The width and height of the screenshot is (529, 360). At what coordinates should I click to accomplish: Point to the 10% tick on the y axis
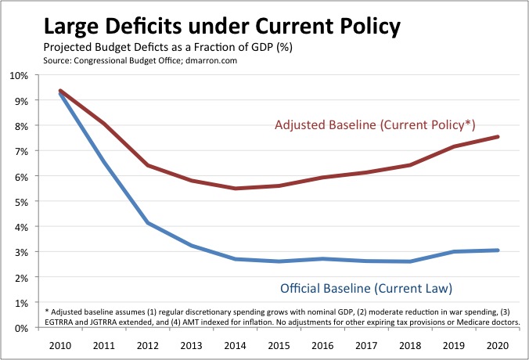(x=18, y=76)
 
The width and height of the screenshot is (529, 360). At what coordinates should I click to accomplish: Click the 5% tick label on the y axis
(x=20, y=202)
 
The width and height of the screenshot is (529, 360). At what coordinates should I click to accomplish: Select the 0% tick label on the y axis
(x=20, y=328)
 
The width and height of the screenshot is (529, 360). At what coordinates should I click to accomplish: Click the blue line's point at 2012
(x=148, y=223)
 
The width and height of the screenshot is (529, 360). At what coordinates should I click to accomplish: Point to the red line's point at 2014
(x=236, y=189)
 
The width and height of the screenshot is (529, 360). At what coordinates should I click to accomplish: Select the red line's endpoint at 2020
(x=498, y=137)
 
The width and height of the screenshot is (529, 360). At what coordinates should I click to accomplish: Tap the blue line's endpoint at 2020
(x=498, y=250)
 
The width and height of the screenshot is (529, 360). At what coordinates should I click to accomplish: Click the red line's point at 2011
(x=104, y=124)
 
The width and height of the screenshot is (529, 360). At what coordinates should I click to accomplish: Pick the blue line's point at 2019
(x=455, y=252)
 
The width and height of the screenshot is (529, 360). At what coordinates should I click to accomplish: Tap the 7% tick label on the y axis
(x=20, y=152)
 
